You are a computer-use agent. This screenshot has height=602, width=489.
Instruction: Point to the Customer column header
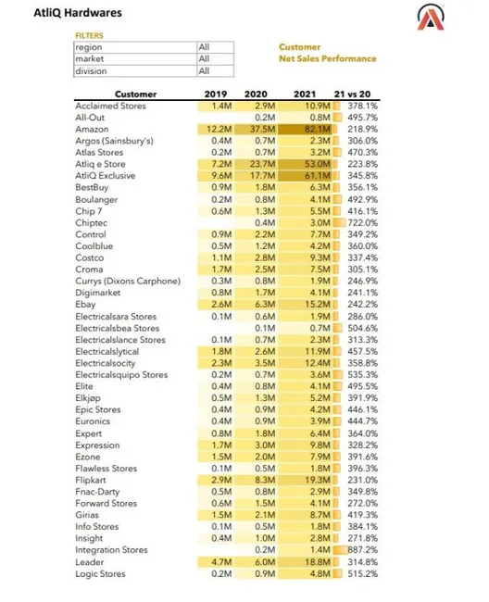(x=135, y=94)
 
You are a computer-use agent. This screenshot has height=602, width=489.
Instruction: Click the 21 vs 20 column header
(x=357, y=94)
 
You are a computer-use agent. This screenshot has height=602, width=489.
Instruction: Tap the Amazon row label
(x=93, y=129)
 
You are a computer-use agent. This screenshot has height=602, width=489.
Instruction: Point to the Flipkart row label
(x=93, y=480)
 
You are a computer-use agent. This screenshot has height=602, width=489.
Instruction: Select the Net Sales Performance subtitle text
(x=328, y=58)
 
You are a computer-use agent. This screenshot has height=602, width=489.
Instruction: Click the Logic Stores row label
(x=101, y=574)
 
